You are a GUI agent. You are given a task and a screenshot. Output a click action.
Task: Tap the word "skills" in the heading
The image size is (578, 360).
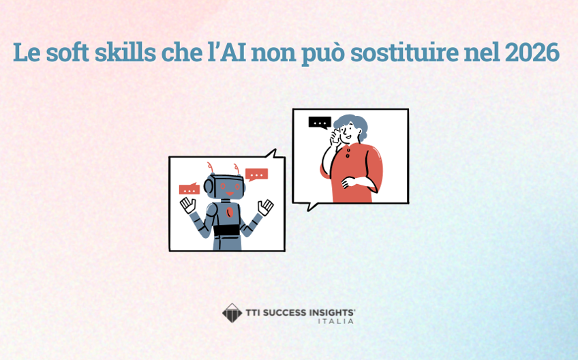pyautogui.click(x=130, y=52)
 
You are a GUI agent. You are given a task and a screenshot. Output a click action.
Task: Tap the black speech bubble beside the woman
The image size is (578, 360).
pyautogui.click(x=320, y=123)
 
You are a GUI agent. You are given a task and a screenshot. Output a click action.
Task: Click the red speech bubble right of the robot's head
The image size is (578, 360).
pyautogui.click(x=256, y=175)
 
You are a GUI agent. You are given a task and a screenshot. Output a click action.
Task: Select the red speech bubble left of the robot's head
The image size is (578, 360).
pyautogui.click(x=189, y=189)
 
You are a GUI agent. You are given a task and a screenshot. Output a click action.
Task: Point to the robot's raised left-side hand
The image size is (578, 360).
pyautogui.click(x=187, y=205)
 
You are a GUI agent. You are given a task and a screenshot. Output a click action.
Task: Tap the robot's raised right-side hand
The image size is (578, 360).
pyautogui.click(x=265, y=207)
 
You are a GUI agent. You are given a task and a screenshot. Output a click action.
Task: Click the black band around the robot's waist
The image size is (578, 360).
pyautogui.click(x=226, y=230)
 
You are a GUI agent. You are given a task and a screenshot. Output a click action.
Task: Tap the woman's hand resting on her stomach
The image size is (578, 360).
pyautogui.click(x=347, y=183)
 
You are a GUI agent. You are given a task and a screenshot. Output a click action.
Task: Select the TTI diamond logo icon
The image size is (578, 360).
pyautogui.click(x=232, y=313)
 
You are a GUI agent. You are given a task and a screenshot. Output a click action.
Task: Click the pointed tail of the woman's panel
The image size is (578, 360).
pyautogui.click(x=311, y=206)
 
